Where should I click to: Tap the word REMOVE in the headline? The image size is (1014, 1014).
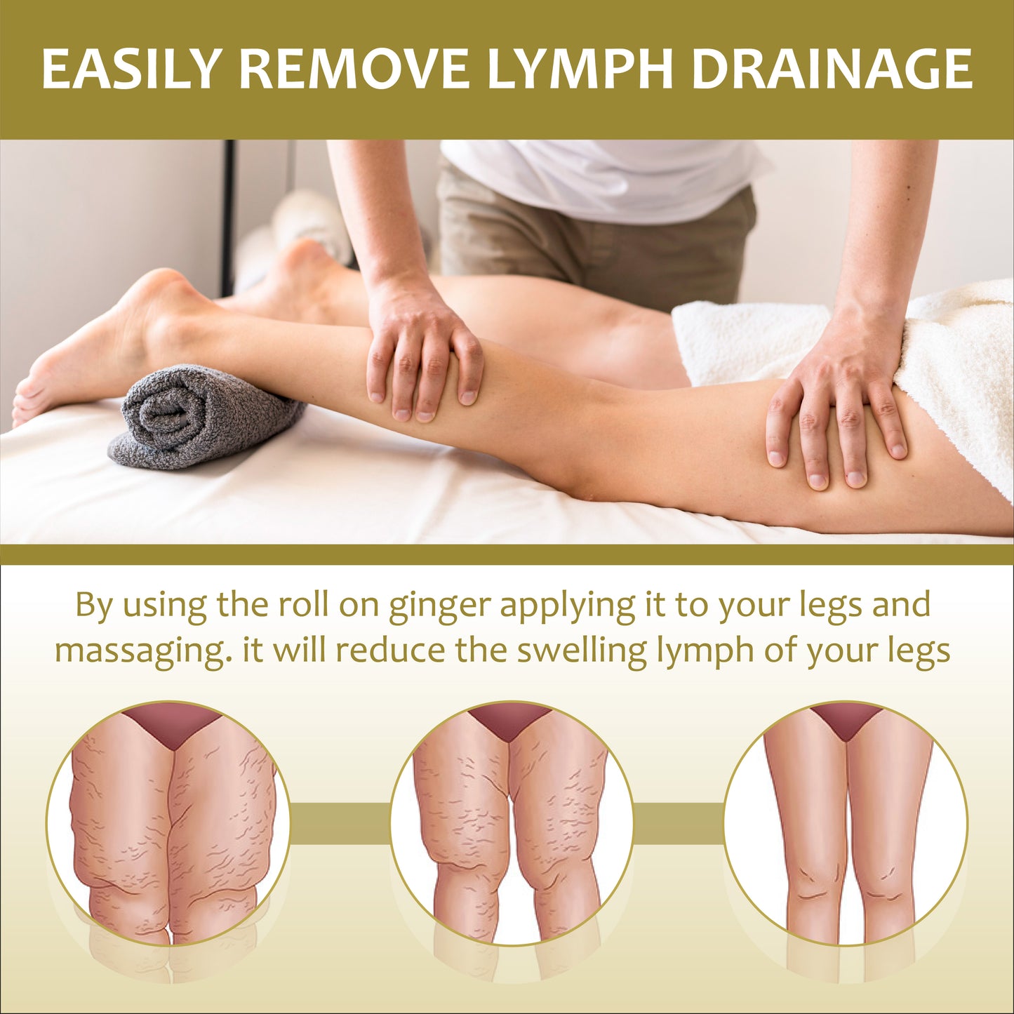point(354,69)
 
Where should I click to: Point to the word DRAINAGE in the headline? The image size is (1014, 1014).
point(832,69)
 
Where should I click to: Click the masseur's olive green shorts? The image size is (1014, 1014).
point(594,247)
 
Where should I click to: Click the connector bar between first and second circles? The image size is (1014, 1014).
point(340,824)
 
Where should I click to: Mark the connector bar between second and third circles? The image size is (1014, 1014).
point(679,824)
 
